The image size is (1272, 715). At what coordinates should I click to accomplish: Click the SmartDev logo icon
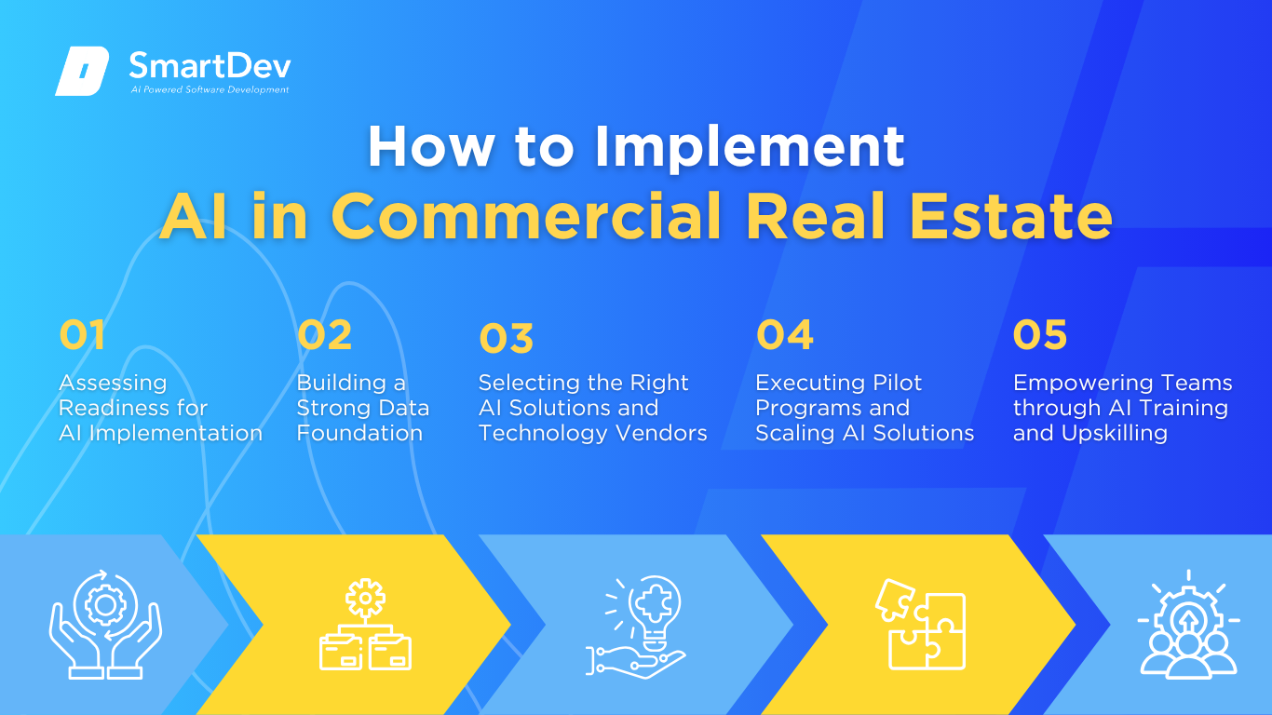tap(82, 71)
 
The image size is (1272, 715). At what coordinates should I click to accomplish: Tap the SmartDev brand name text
tap(210, 65)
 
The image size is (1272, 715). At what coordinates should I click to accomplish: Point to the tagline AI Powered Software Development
tap(210, 89)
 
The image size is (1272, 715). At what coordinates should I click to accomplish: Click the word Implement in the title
tap(750, 148)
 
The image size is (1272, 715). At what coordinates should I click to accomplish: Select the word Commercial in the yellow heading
tap(526, 216)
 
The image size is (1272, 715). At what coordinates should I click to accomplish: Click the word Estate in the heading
tap(1010, 216)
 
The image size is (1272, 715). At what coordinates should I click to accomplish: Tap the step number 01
tap(82, 334)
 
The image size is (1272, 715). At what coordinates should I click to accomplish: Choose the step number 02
tap(324, 334)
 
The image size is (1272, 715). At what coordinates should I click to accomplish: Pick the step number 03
tap(506, 338)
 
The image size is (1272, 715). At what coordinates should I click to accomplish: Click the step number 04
tap(785, 334)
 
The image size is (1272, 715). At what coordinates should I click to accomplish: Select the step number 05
tap(1040, 334)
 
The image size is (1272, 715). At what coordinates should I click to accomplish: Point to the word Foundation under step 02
tap(359, 433)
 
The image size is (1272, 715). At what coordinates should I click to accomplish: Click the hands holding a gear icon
tap(105, 624)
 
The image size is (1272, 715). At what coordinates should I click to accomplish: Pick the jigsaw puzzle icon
tap(921, 624)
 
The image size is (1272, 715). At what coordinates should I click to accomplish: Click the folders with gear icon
tap(365, 624)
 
